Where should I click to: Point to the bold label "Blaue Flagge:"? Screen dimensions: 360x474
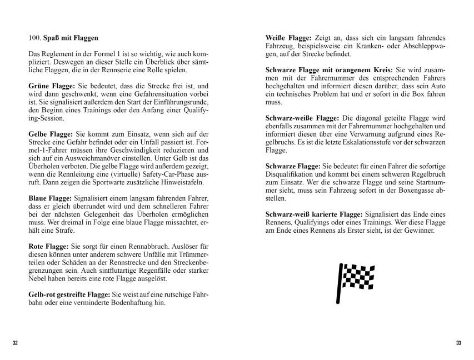coord(49,198)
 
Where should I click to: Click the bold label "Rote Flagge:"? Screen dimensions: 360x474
coord(48,246)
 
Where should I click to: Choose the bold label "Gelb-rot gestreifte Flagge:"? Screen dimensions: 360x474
coord(69,294)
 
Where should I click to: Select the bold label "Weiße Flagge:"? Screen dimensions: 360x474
coord(288,38)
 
